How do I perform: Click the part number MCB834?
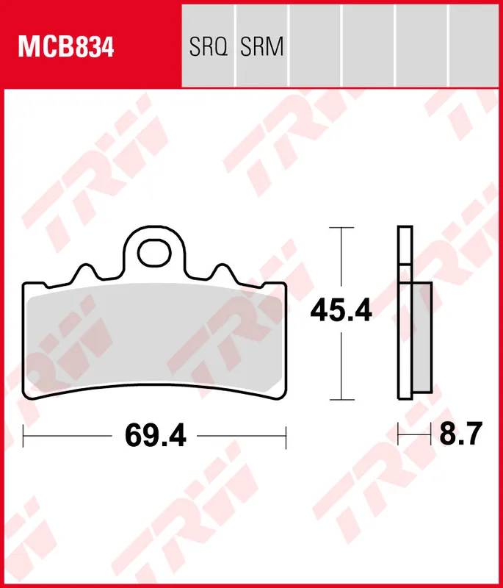[x=66, y=47]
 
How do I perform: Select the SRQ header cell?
[x=208, y=47]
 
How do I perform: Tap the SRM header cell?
[x=262, y=47]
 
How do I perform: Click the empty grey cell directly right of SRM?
[x=316, y=44]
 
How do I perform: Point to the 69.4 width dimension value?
[x=156, y=435]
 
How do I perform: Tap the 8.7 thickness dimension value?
[x=460, y=435]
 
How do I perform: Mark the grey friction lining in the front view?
[x=154, y=338]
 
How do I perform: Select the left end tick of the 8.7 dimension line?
[x=399, y=435]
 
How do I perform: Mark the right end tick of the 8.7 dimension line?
[x=431, y=435]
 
